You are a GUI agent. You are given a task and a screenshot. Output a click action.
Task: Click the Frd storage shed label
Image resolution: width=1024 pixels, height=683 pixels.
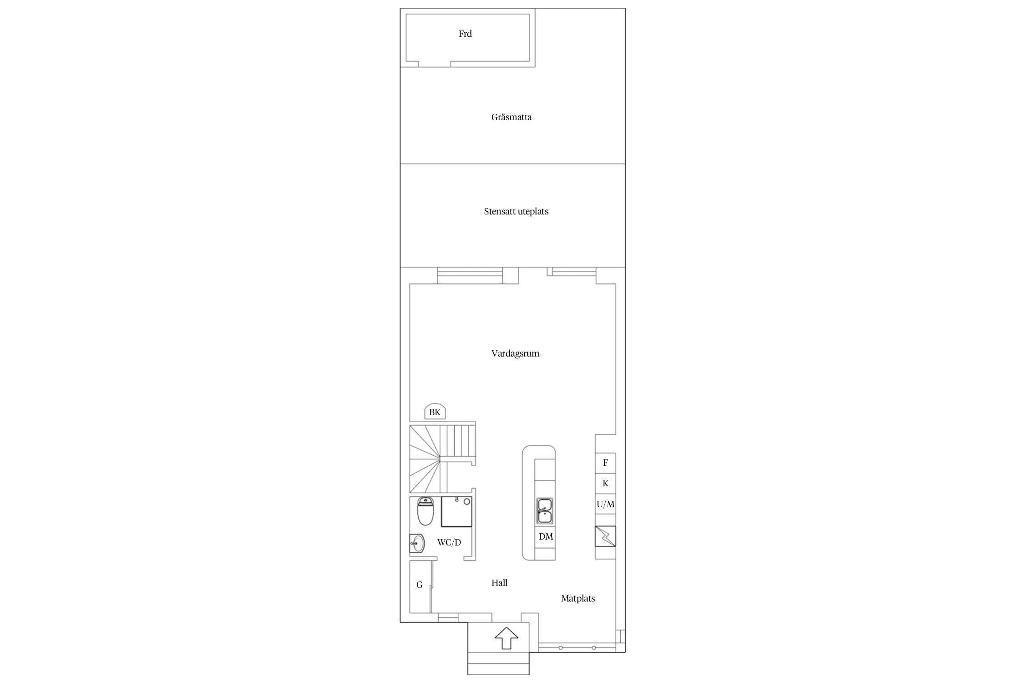pyautogui.click(x=465, y=34)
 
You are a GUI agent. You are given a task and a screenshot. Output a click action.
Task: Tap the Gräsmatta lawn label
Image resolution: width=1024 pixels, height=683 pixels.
pyautogui.click(x=512, y=117)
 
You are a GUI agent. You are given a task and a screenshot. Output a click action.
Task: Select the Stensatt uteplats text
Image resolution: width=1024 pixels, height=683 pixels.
pyautogui.click(x=516, y=211)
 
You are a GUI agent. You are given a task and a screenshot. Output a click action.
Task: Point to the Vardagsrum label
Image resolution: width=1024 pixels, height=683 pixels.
pyautogui.click(x=515, y=353)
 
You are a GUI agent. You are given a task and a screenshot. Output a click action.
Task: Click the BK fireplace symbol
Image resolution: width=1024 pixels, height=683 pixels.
pyautogui.click(x=435, y=412)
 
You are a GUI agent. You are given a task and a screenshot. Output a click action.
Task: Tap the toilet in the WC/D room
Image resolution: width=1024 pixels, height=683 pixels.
pyautogui.click(x=426, y=511)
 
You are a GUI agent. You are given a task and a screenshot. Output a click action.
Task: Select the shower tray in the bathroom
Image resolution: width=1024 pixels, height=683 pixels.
pyautogui.click(x=456, y=512)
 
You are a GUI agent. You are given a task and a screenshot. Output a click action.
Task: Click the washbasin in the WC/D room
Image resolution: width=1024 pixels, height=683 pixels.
pyautogui.click(x=417, y=543)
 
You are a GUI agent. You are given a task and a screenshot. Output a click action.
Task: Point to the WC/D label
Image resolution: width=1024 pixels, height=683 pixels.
pyautogui.click(x=449, y=542)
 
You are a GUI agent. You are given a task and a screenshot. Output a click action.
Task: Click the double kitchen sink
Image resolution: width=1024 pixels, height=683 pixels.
pyautogui.click(x=545, y=511)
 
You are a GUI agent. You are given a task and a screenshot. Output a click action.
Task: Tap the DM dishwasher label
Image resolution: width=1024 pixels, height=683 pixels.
pyautogui.click(x=546, y=536)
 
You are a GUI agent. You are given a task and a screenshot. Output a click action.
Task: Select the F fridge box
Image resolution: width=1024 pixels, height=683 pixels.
pyautogui.click(x=605, y=463)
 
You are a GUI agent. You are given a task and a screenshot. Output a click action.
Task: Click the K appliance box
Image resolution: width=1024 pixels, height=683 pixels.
pyautogui.click(x=605, y=484)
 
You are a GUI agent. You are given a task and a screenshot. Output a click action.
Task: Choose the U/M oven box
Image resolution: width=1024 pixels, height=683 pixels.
pyautogui.click(x=605, y=504)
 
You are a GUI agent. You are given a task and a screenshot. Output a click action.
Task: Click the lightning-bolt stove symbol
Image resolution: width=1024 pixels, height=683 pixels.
pyautogui.click(x=605, y=536)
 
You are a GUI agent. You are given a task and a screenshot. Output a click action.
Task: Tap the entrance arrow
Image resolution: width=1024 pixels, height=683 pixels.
pyautogui.click(x=507, y=638)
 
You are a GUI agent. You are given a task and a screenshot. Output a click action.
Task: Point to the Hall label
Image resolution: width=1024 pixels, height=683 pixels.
pyautogui.click(x=499, y=583)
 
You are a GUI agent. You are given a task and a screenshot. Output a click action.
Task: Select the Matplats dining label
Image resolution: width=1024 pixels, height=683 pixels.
pyautogui.click(x=578, y=598)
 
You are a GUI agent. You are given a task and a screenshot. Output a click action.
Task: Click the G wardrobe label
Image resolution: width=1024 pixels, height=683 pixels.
pyautogui.click(x=420, y=585)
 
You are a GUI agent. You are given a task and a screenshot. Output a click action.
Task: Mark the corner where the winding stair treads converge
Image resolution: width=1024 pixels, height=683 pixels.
pyautogui.click(x=441, y=459)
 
